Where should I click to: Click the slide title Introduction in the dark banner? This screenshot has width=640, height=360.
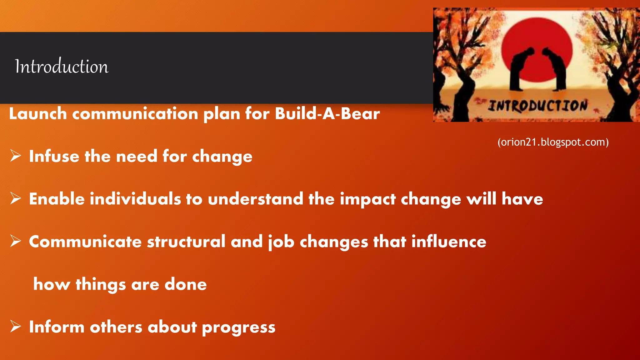point(62,66)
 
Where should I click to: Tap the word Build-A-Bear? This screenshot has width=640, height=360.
point(327,113)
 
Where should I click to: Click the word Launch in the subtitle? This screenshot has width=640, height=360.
point(38,113)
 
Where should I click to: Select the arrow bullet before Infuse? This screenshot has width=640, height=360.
point(15,156)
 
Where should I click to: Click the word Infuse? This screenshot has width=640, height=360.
point(54,156)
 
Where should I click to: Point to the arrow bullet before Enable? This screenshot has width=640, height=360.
point(15,198)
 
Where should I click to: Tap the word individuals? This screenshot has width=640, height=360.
point(135,199)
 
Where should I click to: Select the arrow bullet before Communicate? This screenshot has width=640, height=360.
point(15,241)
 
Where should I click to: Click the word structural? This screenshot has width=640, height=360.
point(186,242)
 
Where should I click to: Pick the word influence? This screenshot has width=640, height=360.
point(448,242)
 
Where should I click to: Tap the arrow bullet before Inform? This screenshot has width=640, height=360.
point(15,326)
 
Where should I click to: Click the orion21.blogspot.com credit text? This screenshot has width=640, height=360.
point(553,142)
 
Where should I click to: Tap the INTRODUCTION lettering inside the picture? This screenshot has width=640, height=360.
point(537,106)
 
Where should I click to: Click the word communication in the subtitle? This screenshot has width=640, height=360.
point(135,113)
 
